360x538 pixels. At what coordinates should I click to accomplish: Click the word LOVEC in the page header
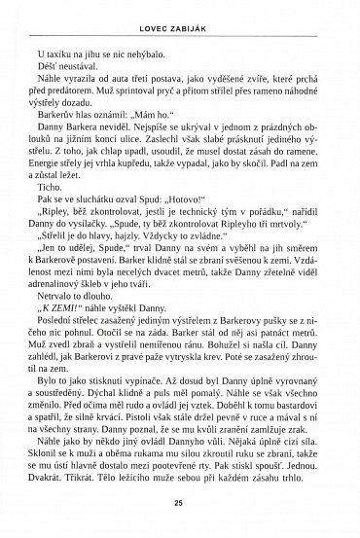(x=155, y=13)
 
